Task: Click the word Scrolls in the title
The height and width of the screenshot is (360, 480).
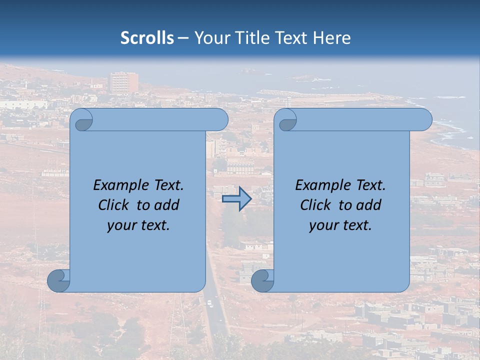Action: coord(147,38)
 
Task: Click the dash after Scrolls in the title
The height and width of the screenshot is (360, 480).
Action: coord(183,38)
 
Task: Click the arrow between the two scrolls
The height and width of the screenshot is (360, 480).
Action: coord(236,198)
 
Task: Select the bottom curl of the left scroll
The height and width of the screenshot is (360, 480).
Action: coord(58,280)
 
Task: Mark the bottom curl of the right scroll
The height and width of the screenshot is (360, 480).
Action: coord(262,280)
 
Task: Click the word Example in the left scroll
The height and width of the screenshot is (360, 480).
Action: coord(119,185)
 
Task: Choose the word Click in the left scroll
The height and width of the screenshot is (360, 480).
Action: coord(115,205)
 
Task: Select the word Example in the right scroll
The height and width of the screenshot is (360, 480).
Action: coord(321,185)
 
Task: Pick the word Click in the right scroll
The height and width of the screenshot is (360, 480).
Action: coord(317,205)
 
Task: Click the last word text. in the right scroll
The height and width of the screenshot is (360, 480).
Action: coord(358,225)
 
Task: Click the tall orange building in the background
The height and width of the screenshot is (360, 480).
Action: coord(123,82)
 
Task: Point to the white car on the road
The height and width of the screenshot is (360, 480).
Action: coord(209,303)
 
